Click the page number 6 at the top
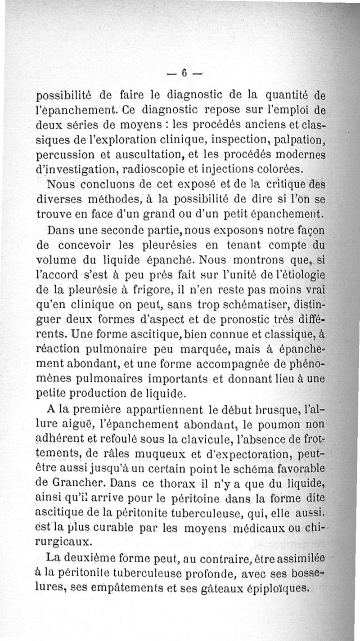point(184,73)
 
